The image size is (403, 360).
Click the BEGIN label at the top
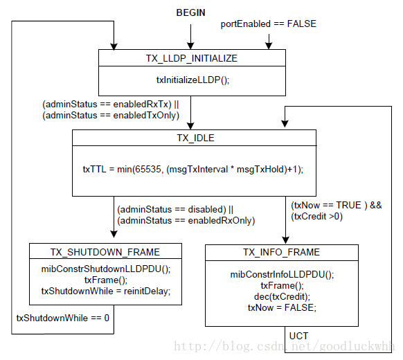[190, 12]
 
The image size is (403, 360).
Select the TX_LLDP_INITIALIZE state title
[192, 58]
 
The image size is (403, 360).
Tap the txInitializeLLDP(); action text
[192, 80]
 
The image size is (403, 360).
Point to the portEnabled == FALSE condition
[269, 24]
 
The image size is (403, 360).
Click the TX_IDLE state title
[195, 138]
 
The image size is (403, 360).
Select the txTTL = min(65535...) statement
[193, 170]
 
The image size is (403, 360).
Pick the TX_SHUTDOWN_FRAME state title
[105, 252]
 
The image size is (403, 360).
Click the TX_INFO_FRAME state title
[281, 252]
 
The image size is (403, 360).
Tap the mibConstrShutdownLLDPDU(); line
[106, 269]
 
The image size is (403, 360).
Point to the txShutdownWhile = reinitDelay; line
[106, 291]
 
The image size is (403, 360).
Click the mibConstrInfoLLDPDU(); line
[282, 275]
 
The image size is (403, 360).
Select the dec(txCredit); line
[282, 297]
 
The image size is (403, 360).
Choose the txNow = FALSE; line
[282, 307]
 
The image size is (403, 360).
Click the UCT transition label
[298, 336]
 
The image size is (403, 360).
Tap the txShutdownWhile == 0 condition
[63, 318]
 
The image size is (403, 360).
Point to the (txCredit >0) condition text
[316, 217]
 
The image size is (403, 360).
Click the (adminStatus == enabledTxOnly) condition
[111, 116]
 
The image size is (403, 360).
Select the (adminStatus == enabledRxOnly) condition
[186, 220]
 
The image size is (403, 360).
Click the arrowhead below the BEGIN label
[190, 46]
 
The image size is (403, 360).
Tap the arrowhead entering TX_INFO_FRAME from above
[285, 240]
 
